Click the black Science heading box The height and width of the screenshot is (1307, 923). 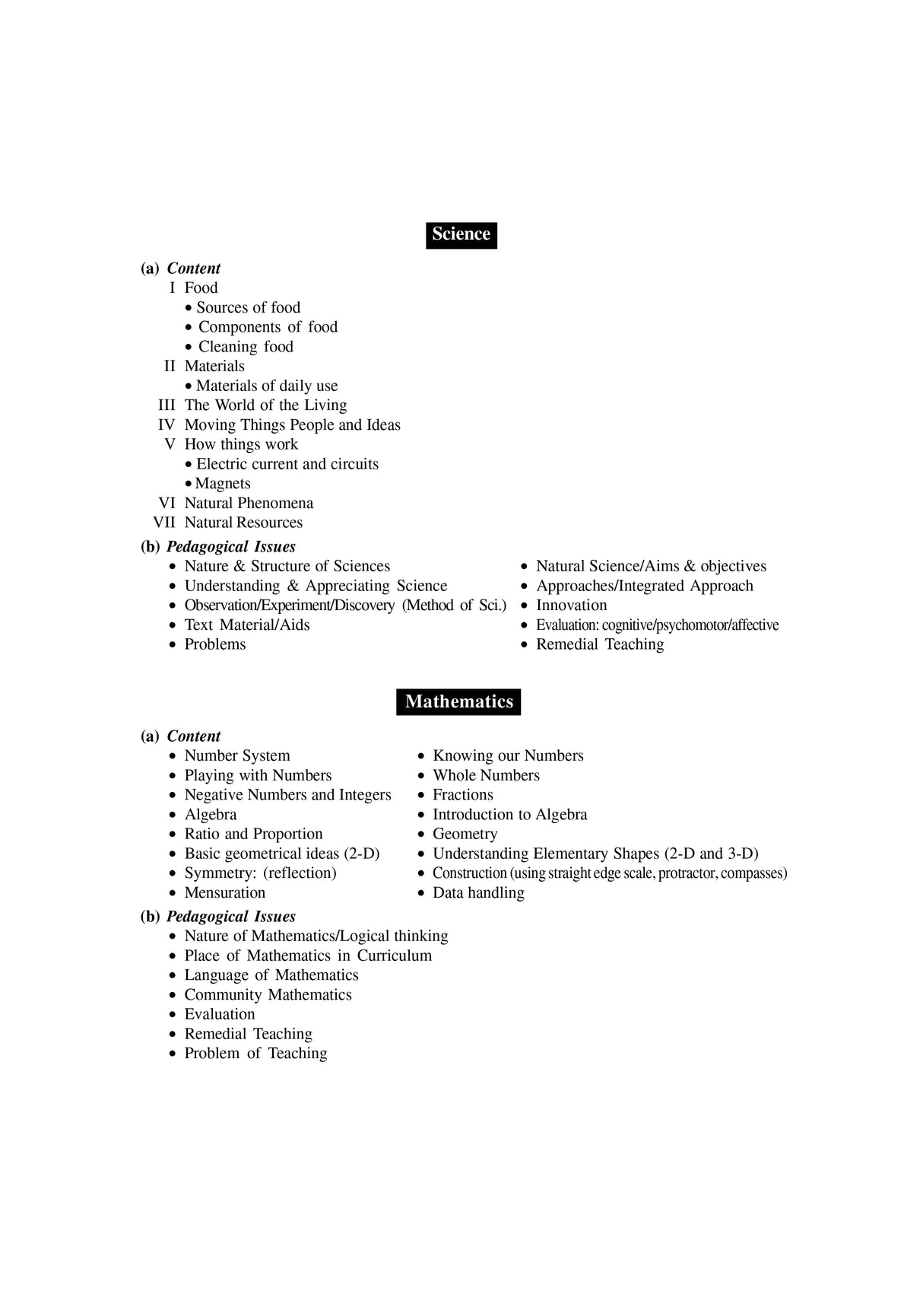click(x=461, y=234)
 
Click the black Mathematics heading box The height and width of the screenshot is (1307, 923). click(x=458, y=701)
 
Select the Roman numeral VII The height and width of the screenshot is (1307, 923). click(x=164, y=523)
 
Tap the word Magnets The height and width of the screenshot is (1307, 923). click(x=222, y=484)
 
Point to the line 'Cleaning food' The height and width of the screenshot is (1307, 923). click(x=245, y=347)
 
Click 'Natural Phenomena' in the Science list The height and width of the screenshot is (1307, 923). click(x=249, y=504)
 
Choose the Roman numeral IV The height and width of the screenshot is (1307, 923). click(x=167, y=425)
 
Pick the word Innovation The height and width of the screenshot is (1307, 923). click(x=571, y=606)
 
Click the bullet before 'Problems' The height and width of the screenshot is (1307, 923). click(x=173, y=645)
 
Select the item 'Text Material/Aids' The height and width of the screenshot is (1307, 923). click(x=246, y=625)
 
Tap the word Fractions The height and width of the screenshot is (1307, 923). click(x=462, y=795)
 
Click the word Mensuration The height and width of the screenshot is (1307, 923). click(x=224, y=893)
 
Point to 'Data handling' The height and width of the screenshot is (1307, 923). click(x=478, y=893)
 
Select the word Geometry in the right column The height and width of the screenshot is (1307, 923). click(x=465, y=835)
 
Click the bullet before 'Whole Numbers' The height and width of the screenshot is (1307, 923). click(x=421, y=776)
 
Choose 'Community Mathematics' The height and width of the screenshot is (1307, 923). click(x=268, y=995)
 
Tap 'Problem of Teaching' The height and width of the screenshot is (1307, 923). click(x=255, y=1054)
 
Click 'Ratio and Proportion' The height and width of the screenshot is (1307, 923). click(x=253, y=835)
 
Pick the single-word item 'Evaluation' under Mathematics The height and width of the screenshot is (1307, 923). click(x=220, y=1015)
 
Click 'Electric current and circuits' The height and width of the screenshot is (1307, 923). click(x=287, y=464)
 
